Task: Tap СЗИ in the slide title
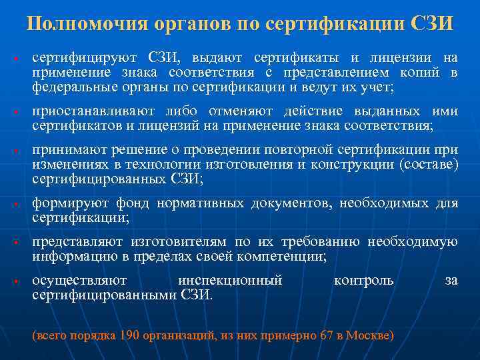433,24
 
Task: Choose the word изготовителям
177,242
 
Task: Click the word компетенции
285,255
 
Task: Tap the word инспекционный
229,281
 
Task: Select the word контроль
363,281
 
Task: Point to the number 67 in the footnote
327,335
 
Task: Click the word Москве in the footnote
369,335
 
